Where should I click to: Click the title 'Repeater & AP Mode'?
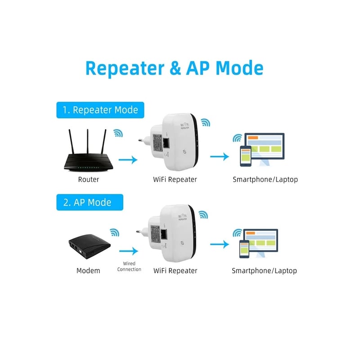(x=174, y=68)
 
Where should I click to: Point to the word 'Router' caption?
(x=88, y=180)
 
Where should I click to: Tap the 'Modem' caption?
(x=88, y=271)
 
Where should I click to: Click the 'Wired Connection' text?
(x=129, y=266)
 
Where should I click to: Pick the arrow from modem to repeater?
(x=129, y=251)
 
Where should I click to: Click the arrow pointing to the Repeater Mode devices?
(x=220, y=157)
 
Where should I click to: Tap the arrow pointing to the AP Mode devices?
(x=220, y=244)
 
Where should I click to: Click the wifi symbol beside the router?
(x=118, y=133)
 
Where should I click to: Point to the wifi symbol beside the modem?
(x=115, y=232)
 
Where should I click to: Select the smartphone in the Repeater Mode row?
(x=246, y=156)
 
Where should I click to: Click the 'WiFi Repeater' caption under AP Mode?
(x=175, y=271)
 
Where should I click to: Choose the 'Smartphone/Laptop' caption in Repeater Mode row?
(x=265, y=180)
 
